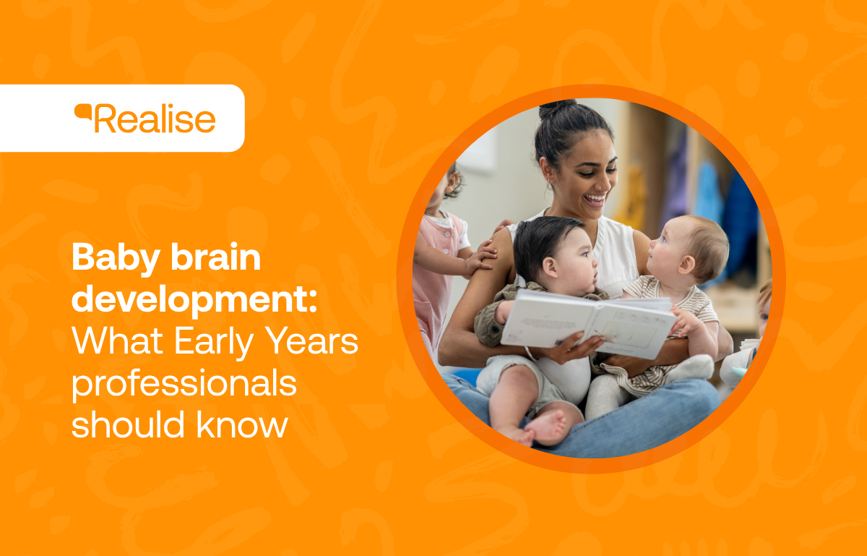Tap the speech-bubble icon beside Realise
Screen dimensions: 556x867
tap(84, 113)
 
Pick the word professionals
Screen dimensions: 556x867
tap(184, 383)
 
